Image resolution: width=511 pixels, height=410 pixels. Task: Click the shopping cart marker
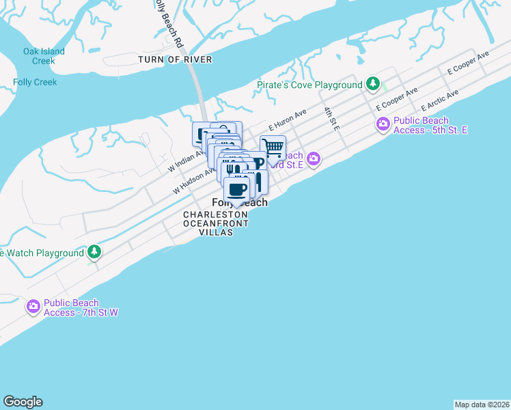click(x=273, y=147)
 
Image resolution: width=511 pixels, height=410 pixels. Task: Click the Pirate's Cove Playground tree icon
click(x=373, y=84)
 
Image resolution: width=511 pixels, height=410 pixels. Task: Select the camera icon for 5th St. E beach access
click(x=382, y=124)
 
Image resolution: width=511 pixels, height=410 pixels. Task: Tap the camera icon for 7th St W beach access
click(x=33, y=307)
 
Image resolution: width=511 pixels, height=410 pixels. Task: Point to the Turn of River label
click(x=175, y=59)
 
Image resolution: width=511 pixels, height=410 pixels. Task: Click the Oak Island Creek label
click(x=44, y=56)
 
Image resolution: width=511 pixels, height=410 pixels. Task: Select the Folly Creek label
click(x=35, y=82)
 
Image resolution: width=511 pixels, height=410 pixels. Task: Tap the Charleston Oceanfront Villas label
click(x=215, y=223)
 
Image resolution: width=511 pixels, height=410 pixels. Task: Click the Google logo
click(x=23, y=402)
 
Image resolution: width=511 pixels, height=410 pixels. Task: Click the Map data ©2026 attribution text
click(x=482, y=405)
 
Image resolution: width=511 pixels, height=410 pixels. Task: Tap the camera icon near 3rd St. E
click(x=314, y=159)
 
